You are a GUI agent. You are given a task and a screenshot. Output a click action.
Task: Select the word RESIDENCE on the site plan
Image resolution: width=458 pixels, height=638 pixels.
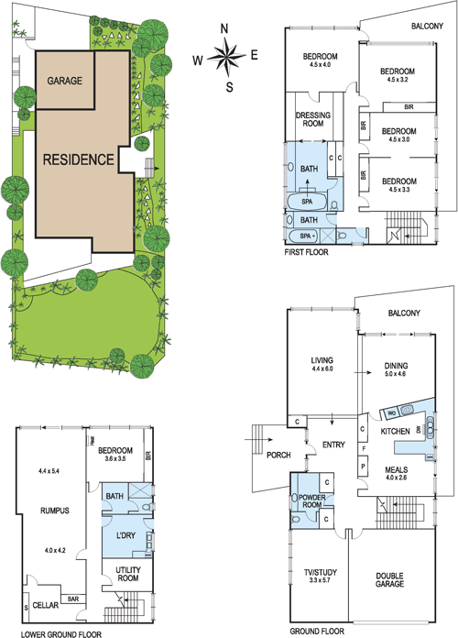(x=78, y=159)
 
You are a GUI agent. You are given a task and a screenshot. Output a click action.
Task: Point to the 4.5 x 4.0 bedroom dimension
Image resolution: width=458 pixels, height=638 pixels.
(x=321, y=65)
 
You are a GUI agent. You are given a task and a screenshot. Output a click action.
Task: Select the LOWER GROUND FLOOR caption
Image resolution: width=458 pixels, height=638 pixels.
(x=53, y=632)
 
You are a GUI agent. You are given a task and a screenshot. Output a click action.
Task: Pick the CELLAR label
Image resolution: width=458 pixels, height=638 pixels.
(x=45, y=605)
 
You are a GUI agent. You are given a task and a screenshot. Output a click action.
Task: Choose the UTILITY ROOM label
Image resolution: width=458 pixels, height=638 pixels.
(x=121, y=575)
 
